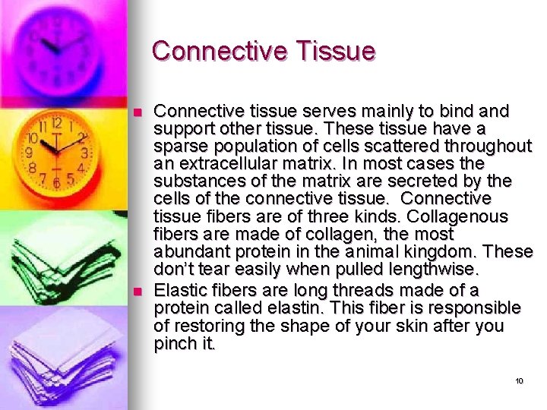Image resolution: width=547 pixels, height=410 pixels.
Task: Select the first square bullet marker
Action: (x=137, y=112)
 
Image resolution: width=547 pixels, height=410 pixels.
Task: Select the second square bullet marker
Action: (x=137, y=292)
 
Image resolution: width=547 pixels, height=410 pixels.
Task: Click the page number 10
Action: (x=520, y=380)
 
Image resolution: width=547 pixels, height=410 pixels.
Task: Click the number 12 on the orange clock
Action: (x=55, y=123)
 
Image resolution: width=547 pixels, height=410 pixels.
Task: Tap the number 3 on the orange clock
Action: (x=84, y=153)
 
